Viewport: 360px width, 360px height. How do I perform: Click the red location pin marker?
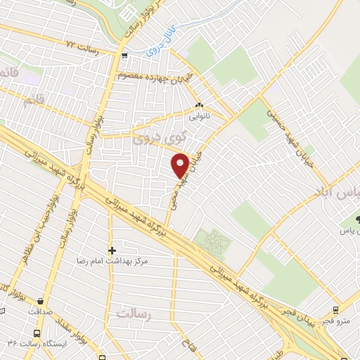point(180,165)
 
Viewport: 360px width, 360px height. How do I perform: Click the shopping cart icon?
point(124,56)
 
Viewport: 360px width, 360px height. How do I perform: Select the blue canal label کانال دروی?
point(161,44)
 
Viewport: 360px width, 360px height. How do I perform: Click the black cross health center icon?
point(111,250)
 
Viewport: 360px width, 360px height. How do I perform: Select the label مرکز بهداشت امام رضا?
point(116,261)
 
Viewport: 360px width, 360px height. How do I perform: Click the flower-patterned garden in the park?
point(213,242)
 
